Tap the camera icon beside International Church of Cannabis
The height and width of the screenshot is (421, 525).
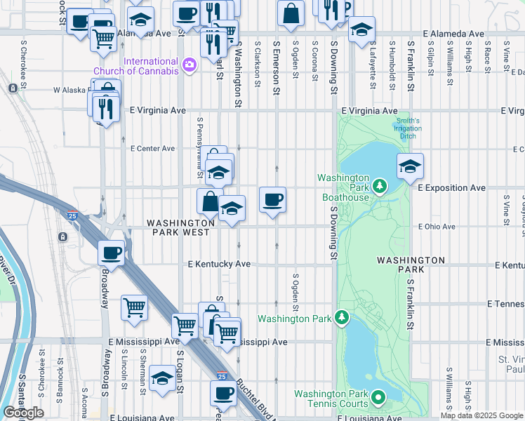(189, 66)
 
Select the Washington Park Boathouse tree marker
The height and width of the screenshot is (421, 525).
(380, 186)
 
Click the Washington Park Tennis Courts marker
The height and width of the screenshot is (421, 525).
(378, 398)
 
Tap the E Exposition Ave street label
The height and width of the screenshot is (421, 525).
(451, 188)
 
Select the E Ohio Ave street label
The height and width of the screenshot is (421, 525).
(437, 227)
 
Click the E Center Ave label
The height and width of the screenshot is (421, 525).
(152, 149)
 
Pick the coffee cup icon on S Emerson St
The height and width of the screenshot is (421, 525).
(273, 200)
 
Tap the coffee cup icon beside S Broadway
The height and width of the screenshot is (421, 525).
(112, 253)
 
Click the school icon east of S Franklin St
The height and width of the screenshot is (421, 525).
(411, 166)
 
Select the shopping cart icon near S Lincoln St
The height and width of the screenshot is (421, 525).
(134, 307)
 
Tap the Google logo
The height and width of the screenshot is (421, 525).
(23, 413)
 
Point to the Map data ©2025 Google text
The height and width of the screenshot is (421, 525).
(481, 415)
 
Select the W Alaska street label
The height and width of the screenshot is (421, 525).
(70, 91)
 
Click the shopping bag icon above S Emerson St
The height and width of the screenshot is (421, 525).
(291, 13)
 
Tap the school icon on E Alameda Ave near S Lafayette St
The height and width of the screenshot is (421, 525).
(362, 29)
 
